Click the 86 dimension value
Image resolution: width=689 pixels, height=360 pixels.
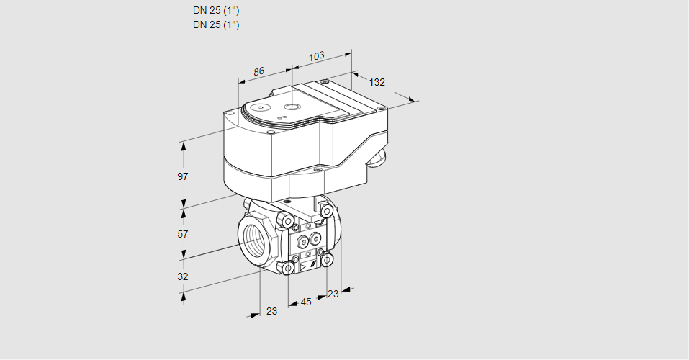point(259,71)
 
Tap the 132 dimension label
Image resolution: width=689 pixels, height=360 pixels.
point(377,82)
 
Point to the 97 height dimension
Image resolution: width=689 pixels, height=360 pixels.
point(183,176)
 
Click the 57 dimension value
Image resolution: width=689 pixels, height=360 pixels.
point(183,234)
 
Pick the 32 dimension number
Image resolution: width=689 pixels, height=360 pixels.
point(183,276)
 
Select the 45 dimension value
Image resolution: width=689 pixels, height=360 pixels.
point(306,302)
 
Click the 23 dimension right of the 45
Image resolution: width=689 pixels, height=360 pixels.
point(333,294)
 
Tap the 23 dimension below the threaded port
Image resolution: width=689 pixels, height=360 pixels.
point(271,311)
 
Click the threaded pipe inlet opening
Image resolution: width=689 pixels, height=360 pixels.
point(253,237)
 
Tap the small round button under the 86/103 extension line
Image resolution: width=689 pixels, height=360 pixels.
point(291,107)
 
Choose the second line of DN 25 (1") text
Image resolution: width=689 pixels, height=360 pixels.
point(216,24)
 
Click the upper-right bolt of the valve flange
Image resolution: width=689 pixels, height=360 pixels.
point(328,211)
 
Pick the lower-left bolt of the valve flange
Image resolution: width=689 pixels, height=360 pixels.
point(288,269)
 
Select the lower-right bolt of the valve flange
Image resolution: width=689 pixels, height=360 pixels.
point(328,259)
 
